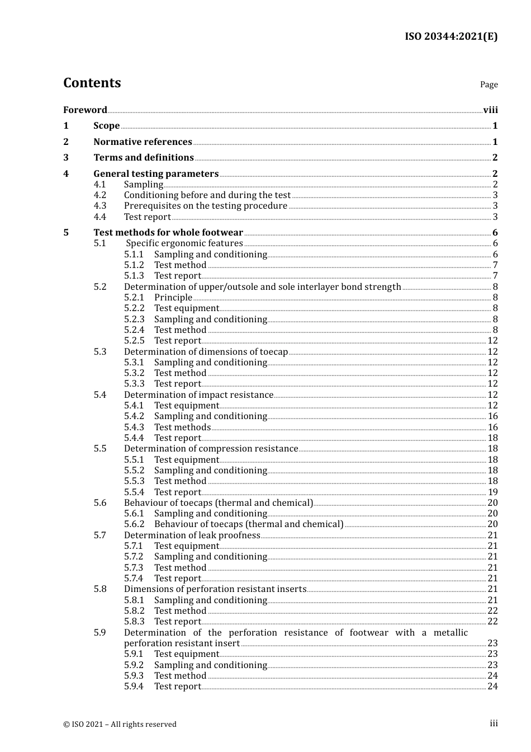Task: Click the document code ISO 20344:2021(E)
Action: (x=451, y=36)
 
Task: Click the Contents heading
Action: (x=92, y=83)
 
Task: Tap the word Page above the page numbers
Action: (x=489, y=84)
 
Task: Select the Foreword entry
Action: (x=85, y=110)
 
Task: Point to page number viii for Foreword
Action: (x=490, y=110)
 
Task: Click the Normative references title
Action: (x=143, y=142)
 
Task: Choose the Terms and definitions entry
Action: (x=144, y=157)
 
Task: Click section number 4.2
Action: (x=99, y=195)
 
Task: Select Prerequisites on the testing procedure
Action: (x=205, y=205)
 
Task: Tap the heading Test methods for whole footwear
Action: (x=168, y=232)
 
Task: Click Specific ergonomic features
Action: (x=184, y=243)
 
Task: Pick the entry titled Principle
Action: (x=173, y=297)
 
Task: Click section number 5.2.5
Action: (x=134, y=340)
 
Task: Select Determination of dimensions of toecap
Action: (x=206, y=351)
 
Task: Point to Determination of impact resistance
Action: (x=198, y=394)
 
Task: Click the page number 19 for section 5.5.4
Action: (x=492, y=492)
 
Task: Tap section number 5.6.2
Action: (x=134, y=524)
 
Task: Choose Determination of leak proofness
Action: (x=192, y=535)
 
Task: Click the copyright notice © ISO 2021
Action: (x=120, y=724)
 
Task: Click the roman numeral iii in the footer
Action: (x=494, y=723)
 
